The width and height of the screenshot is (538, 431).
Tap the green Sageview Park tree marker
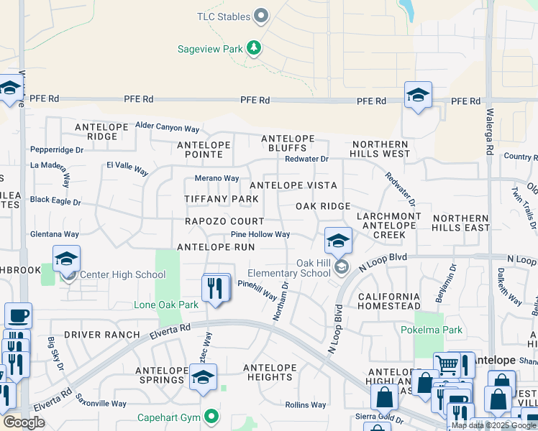point(253,49)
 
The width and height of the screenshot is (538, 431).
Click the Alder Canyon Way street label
point(167,129)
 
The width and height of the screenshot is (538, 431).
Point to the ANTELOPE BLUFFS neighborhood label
point(288,143)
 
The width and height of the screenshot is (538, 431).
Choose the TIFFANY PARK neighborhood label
point(221,199)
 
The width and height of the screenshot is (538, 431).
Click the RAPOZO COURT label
point(224,222)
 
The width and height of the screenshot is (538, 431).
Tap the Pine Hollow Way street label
point(260,234)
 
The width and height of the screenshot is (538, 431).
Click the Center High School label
point(122,274)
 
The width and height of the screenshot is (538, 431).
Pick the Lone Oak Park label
point(165,305)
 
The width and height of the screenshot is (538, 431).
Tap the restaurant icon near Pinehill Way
point(216,288)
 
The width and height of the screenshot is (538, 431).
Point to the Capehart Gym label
point(170,417)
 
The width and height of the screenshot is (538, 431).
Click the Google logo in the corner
point(24,422)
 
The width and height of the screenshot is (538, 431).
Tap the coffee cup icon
point(18,315)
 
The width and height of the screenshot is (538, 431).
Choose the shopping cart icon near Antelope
point(447,365)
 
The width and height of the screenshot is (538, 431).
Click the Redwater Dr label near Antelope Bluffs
point(306,159)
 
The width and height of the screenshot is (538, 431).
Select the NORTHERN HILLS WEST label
point(380,149)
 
